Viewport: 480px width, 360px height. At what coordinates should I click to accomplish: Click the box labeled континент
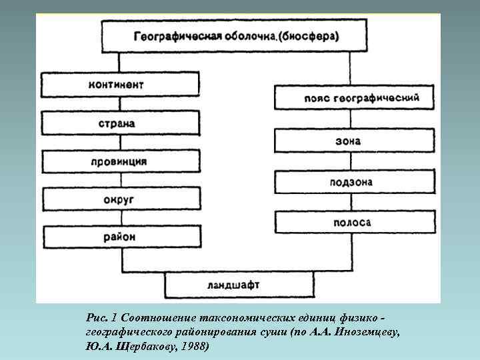point(120,85)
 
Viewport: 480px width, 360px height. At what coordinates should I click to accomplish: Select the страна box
point(120,123)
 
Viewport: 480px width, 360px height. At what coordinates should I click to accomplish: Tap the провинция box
point(120,161)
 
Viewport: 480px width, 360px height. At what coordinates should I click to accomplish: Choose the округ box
point(120,199)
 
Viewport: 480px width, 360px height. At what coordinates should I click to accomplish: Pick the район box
point(120,237)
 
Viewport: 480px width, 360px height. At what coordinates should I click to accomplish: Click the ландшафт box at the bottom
point(239,285)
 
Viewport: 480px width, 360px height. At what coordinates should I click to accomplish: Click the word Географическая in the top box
point(173,35)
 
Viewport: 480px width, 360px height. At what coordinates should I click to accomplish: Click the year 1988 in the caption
point(193,347)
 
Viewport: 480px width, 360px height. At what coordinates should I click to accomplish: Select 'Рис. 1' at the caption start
point(101,316)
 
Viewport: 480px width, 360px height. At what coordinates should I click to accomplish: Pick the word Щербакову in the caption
point(145,347)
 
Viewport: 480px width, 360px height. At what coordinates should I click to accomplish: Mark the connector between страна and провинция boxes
point(120,142)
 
